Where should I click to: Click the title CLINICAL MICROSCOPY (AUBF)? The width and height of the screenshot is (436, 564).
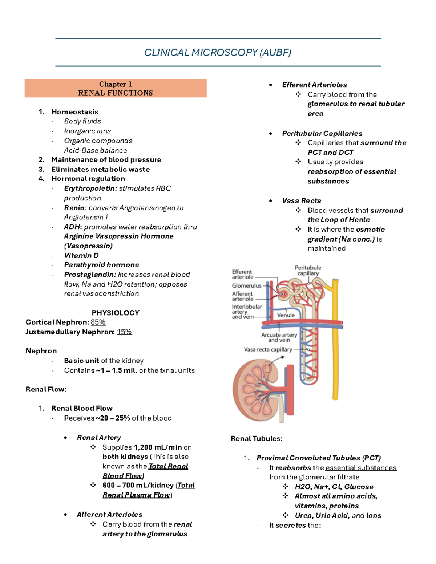coord(218,53)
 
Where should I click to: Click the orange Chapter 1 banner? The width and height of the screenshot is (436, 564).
coord(116,88)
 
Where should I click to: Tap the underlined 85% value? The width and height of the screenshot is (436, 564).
coord(98,322)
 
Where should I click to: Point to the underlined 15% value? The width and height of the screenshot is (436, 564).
coord(124,332)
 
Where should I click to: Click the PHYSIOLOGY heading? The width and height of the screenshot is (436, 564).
coord(116,313)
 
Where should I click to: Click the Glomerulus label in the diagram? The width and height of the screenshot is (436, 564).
coord(247,285)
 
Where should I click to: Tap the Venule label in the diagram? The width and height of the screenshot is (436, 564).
coord(286,315)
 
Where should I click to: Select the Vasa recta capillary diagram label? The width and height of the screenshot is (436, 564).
coord(268,349)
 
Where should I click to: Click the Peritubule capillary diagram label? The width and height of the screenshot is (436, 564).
coord(308,271)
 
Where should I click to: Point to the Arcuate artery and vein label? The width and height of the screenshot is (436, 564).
coord(279,337)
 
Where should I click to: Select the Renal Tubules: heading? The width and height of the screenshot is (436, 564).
coord(257,439)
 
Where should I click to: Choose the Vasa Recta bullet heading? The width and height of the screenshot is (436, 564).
coord(302,201)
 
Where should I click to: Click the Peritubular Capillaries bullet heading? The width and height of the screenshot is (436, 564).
coord(322,134)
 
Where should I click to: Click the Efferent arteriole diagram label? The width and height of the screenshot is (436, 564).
coord(242,274)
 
